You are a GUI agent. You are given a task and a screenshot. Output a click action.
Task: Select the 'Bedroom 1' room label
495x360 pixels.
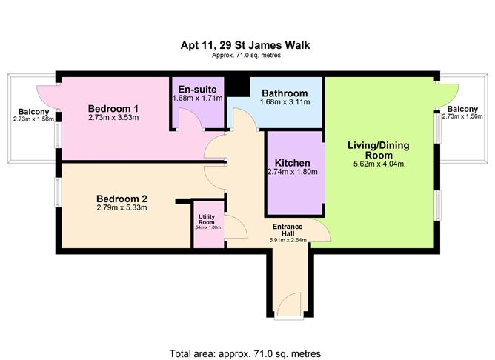click(x=113, y=107)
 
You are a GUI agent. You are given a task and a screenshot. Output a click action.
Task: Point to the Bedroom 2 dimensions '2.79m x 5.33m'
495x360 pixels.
click(x=122, y=208)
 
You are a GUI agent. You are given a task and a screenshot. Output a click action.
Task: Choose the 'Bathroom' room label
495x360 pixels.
click(x=285, y=93)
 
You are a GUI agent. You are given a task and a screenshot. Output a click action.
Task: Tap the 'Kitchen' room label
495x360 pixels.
click(x=292, y=163)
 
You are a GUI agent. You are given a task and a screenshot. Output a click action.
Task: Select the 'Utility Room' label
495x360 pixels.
click(x=206, y=220)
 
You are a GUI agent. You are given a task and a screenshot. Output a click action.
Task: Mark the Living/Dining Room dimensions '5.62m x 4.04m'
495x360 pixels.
click(x=379, y=164)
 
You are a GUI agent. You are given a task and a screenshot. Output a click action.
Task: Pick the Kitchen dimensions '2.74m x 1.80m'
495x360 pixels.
click(x=292, y=173)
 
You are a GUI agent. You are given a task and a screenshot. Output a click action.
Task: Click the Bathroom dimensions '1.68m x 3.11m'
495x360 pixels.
click(x=285, y=103)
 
